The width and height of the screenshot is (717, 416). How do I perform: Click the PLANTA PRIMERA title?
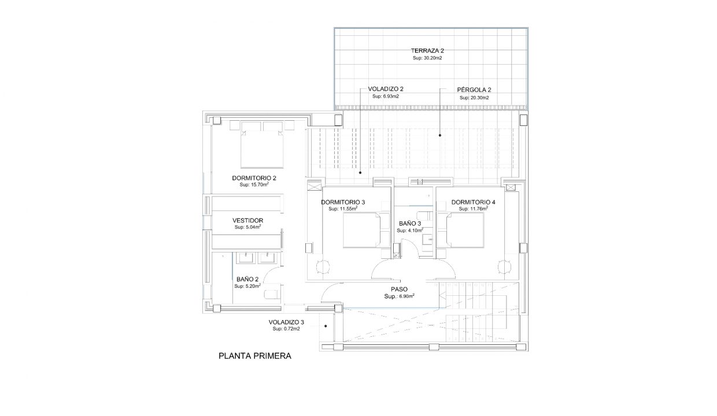(x=255, y=356)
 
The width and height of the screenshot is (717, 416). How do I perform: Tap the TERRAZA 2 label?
(x=427, y=50)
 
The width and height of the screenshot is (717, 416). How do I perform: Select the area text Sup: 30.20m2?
(x=427, y=58)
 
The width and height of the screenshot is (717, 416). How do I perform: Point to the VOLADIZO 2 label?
(x=385, y=89)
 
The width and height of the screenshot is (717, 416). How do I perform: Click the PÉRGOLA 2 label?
(x=474, y=90)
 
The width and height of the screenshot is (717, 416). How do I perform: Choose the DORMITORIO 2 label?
(x=254, y=178)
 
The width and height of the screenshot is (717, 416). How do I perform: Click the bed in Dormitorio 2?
(x=262, y=145)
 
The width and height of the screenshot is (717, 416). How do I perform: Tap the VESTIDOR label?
(x=247, y=221)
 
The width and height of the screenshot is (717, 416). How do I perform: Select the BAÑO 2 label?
(x=247, y=279)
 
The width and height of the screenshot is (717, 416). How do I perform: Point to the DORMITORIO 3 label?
(x=343, y=202)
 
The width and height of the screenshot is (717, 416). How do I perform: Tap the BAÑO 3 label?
(x=410, y=224)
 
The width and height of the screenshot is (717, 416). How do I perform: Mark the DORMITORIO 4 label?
(x=473, y=202)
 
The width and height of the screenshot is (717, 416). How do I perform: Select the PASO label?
(x=399, y=289)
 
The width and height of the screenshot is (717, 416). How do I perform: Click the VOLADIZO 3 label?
(x=286, y=322)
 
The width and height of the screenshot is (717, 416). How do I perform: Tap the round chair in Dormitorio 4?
(x=504, y=267)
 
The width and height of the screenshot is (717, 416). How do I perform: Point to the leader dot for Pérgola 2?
(x=440, y=135)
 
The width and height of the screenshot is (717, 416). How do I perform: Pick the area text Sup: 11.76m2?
(x=474, y=209)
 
